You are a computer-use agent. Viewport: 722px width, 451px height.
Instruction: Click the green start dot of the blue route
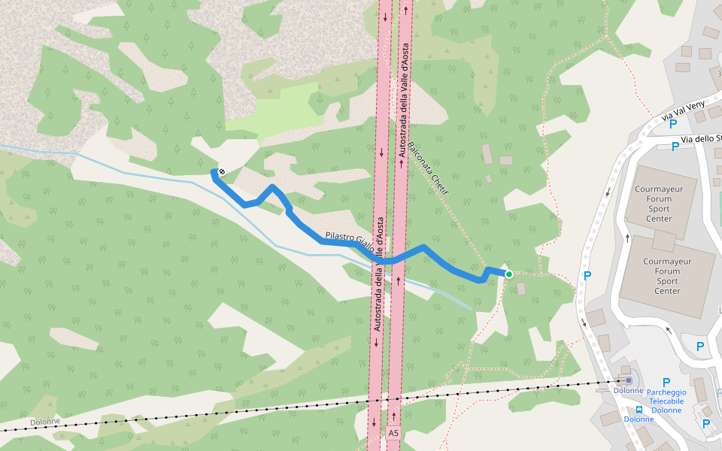point(509,274)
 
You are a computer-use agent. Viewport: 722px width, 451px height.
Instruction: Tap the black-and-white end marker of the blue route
point(221,172)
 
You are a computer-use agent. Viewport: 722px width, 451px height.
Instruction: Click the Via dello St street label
point(701,139)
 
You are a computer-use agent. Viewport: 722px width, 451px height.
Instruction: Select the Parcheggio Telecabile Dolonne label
point(666,401)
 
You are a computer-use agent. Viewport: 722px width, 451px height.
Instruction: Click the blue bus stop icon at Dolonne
point(639,410)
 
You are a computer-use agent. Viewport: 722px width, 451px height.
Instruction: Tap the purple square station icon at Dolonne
point(629,380)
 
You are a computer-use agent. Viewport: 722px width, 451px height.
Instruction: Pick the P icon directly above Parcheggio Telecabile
point(666,383)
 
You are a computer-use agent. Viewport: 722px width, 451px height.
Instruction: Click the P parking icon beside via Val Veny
point(673,124)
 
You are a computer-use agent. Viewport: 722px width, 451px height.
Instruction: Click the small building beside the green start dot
point(521,287)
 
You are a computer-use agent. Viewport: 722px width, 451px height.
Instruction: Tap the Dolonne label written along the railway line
point(45,422)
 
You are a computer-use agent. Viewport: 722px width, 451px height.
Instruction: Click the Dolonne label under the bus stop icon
point(639,419)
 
